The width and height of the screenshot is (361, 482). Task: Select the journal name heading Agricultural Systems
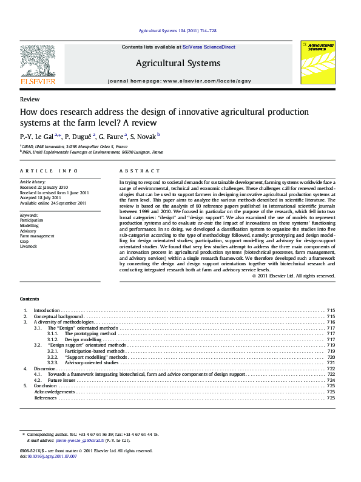178,63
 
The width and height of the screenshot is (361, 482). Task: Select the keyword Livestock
29,246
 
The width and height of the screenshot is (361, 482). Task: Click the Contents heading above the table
29,299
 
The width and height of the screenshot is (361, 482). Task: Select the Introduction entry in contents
47,310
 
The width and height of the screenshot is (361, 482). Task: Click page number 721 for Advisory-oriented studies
331,362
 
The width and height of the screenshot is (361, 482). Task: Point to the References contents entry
46,398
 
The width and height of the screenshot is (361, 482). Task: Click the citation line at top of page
178,30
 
